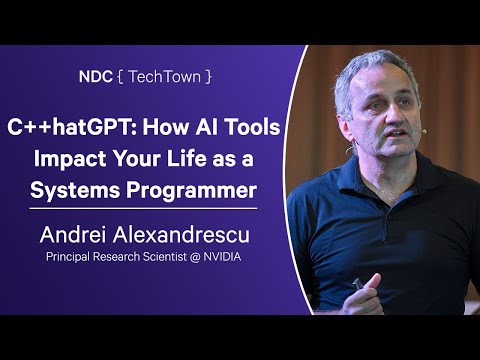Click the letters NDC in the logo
(x=98, y=76)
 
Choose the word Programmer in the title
(x=193, y=190)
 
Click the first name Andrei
(x=77, y=237)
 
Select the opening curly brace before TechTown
(x=120, y=76)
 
